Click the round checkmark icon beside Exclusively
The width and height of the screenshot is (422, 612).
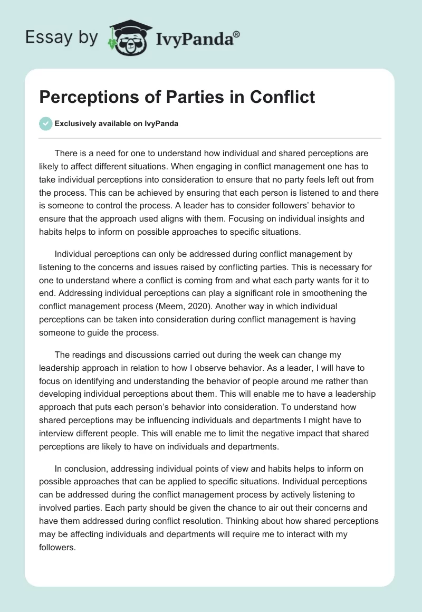coord(45,123)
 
